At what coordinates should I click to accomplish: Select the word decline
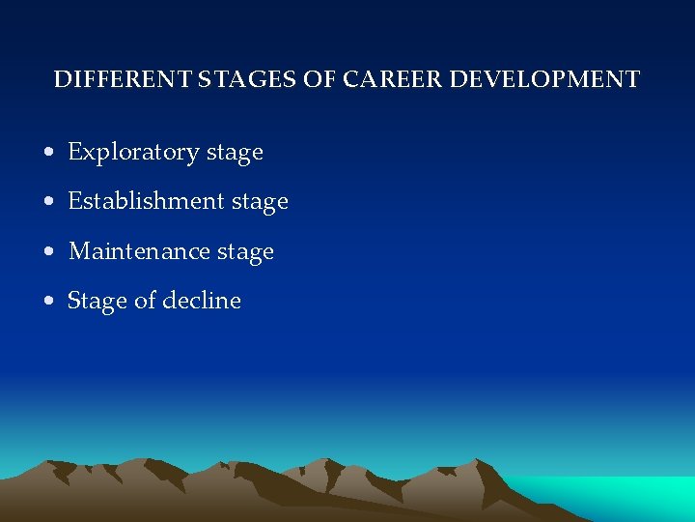tap(202, 301)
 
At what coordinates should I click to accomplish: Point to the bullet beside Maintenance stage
tap(48, 252)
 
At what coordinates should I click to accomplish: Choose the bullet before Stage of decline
tap(48, 302)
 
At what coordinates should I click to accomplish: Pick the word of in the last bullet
tap(145, 301)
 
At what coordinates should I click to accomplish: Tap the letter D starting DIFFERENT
tap(61, 79)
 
